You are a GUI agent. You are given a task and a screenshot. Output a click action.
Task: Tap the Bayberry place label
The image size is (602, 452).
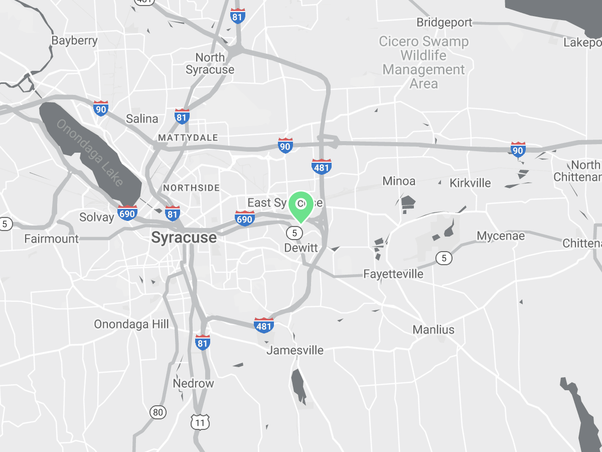[x=74, y=41]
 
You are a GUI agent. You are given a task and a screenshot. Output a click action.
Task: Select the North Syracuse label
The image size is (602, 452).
[x=210, y=64]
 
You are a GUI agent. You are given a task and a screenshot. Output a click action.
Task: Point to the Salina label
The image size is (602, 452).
[x=142, y=119]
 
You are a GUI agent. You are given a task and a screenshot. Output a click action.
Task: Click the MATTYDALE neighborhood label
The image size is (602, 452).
[x=188, y=138]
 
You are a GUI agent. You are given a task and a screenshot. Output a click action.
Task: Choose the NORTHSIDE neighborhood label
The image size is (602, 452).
[x=191, y=188]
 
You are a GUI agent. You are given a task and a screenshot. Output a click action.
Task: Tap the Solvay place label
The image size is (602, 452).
[x=97, y=217]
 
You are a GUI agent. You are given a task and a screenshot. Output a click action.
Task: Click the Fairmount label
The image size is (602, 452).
[x=52, y=239]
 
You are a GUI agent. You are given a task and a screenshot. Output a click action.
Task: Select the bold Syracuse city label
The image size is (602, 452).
[x=184, y=238]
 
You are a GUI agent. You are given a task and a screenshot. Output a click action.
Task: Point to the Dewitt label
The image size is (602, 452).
[x=301, y=248]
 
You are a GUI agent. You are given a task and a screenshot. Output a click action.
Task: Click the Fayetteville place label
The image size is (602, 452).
[x=393, y=274]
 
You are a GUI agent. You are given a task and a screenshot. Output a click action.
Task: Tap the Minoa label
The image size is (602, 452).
[x=399, y=181]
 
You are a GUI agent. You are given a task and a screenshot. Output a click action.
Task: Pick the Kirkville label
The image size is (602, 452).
[x=470, y=183]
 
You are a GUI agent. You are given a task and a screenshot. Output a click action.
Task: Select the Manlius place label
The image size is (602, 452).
[x=433, y=330]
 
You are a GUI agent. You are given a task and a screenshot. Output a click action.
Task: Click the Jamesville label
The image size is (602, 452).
[x=295, y=350]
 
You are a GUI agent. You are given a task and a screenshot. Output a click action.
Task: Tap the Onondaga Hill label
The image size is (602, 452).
[x=131, y=324]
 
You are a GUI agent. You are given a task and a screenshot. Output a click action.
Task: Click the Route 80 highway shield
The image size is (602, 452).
[x=158, y=413]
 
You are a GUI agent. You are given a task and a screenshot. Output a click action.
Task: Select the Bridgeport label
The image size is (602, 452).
[x=444, y=23]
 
